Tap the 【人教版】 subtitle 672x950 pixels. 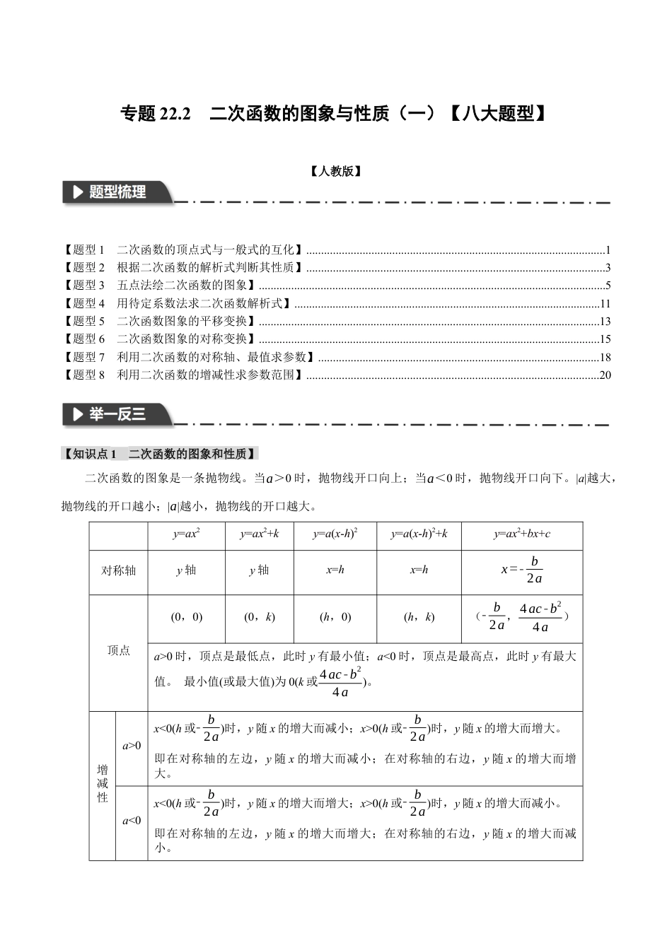tap(336, 171)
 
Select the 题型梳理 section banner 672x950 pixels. tap(117, 192)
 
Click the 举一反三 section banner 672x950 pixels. tap(117, 415)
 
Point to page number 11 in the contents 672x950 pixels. tap(605, 304)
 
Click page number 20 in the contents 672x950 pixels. tap(605, 375)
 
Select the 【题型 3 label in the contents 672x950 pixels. tap(84, 286)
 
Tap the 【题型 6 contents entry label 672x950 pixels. tap(84, 339)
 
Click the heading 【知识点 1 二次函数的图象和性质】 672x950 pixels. tap(161, 454)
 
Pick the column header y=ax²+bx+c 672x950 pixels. tap(521, 534)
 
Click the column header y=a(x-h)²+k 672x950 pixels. tap(419, 534)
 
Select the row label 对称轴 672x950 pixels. tap(118, 570)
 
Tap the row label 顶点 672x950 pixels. tap(118, 650)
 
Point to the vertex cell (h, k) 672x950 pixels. tap(419, 617)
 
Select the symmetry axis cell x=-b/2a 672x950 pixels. tap(521, 570)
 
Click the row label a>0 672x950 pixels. tap(132, 746)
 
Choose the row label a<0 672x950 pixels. tap(132, 821)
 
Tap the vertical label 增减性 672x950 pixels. tap(103, 783)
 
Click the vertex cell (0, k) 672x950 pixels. tap(259, 617)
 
